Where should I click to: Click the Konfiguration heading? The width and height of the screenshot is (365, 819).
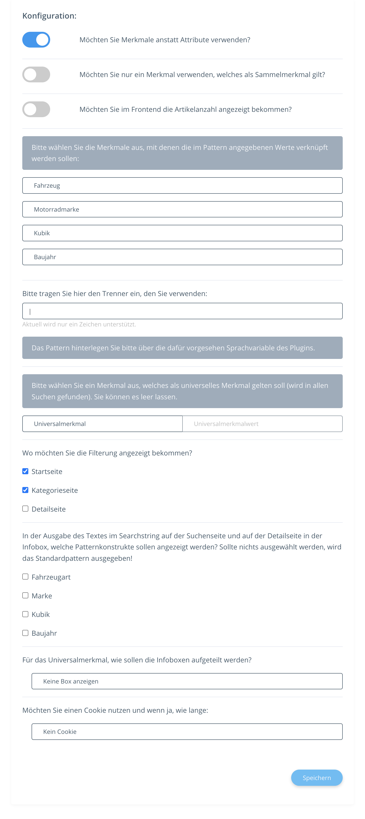coord(49,16)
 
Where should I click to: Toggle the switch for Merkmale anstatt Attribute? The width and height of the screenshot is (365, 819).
coord(36,40)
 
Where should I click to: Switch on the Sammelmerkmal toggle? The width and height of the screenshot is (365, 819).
coord(36,74)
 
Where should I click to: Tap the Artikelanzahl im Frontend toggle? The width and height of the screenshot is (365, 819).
coord(36,109)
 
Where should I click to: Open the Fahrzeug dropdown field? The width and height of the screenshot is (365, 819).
coord(182,185)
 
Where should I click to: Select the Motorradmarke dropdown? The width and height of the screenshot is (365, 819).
coord(182,209)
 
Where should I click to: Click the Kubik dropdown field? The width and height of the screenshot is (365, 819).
coord(182,233)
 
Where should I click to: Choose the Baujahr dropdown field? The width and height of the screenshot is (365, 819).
coord(182,257)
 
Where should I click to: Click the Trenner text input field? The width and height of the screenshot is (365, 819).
coord(182,311)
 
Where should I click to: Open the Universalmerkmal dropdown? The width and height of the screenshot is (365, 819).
coord(102,424)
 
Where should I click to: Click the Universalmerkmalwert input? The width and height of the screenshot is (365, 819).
coord(262,424)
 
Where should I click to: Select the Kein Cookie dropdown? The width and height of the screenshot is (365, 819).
coord(187,732)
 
